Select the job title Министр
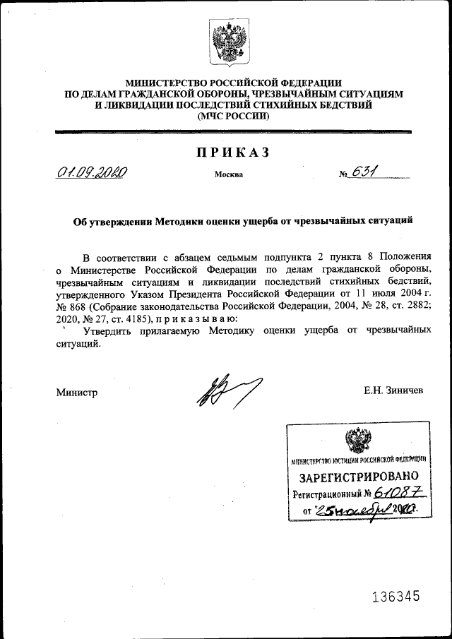[x=77, y=393]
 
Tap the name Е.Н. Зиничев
[x=393, y=389]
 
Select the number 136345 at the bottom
[x=395, y=597]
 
